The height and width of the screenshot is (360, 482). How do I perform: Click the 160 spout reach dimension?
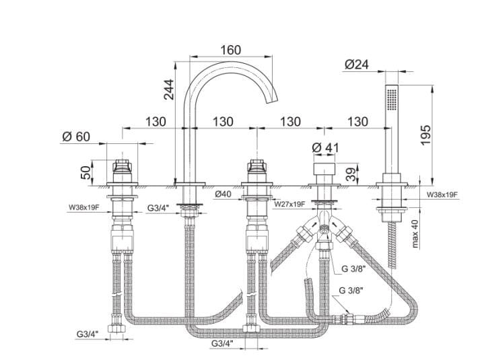coord(230,50)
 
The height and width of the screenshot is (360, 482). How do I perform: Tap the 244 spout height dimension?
coord(169,89)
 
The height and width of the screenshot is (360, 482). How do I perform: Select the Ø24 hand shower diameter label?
coord(357,65)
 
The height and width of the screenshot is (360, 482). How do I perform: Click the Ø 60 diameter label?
coord(75,137)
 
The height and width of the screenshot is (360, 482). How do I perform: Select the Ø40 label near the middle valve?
coord(223,195)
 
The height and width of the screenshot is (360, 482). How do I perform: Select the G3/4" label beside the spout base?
coord(159,208)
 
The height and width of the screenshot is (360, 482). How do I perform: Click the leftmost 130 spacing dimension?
coord(155,122)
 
